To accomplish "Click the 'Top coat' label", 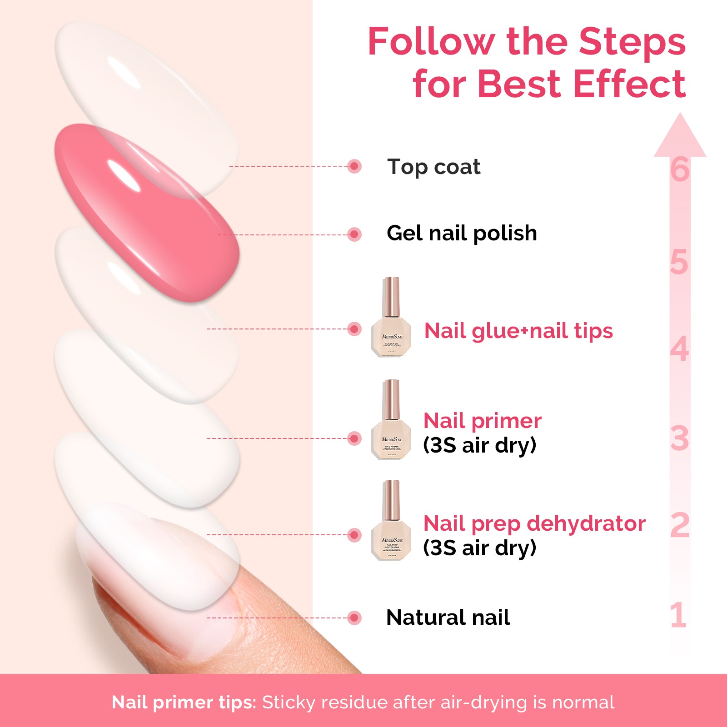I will [x=433, y=167].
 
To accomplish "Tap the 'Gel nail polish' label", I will [x=462, y=234].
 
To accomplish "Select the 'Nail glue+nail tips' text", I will [x=518, y=331].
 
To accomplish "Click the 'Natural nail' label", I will [x=448, y=617].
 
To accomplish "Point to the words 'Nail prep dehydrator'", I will [x=534, y=523].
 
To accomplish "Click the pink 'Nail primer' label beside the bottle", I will [x=482, y=421].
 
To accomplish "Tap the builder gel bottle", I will [x=391, y=318].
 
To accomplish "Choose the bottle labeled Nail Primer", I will [x=391, y=420].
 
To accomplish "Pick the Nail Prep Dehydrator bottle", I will [x=391, y=521].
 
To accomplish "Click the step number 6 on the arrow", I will [x=680, y=170].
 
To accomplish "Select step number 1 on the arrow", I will [x=678, y=615].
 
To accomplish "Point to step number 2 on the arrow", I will [x=680, y=525].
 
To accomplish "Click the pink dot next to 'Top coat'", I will [x=354, y=166].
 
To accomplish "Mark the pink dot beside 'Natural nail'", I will [x=354, y=618].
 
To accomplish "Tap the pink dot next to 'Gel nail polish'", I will [x=354, y=235].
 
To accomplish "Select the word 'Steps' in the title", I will [x=632, y=42].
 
